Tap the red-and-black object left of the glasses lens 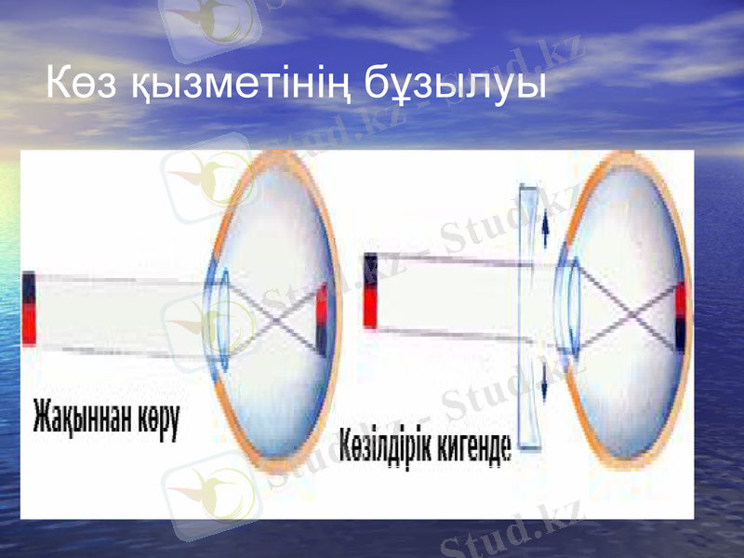[371, 291]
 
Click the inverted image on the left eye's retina [323, 320]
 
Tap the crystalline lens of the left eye [221, 316]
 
